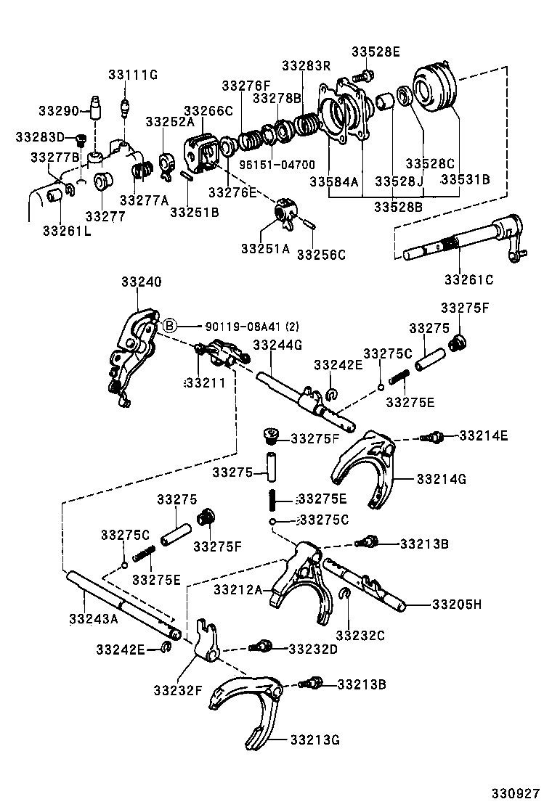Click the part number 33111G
(x=133, y=74)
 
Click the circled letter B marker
(x=169, y=326)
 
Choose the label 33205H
(x=457, y=604)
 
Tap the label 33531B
(x=466, y=179)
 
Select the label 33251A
(x=265, y=248)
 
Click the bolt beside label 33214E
(x=434, y=437)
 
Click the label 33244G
(x=277, y=345)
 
